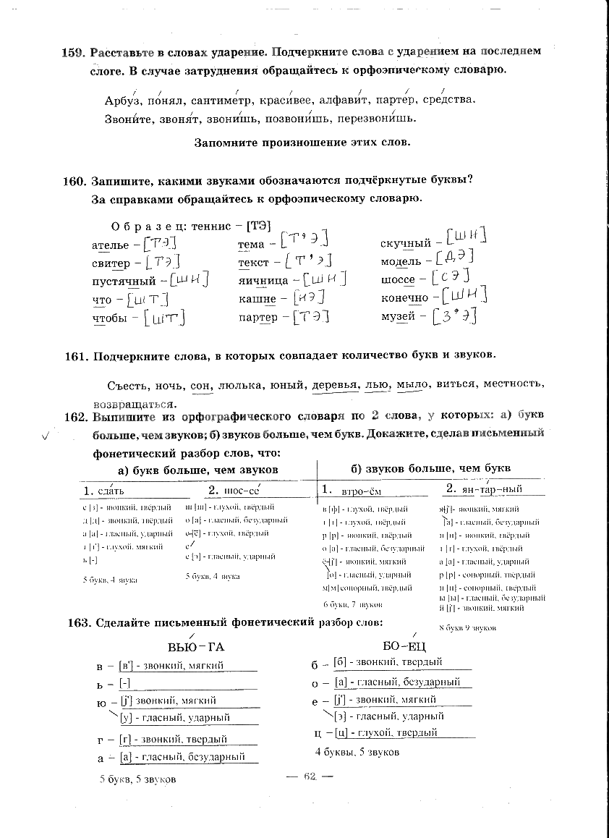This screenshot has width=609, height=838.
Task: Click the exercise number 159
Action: pos(74,52)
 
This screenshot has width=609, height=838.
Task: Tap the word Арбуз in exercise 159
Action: pos(122,101)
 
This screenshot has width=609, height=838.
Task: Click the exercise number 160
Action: pos(74,181)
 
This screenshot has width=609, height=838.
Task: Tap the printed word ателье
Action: pos(111,245)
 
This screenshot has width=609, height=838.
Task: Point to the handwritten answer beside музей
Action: pos(453,316)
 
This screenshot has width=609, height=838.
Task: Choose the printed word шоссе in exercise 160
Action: pos(398,280)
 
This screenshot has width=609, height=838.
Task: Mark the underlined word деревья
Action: pos(336,384)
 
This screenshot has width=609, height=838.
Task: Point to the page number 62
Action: pos(310,776)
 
